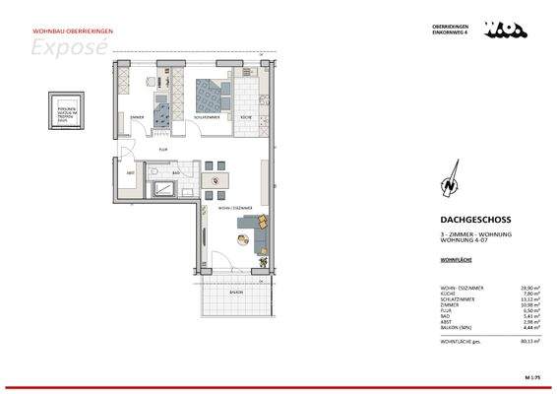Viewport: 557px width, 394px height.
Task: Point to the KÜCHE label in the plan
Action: point(246,119)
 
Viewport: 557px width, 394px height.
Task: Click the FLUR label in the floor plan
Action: point(163,149)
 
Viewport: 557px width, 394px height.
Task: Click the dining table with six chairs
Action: point(216,178)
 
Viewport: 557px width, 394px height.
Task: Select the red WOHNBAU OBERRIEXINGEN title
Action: point(60,32)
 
